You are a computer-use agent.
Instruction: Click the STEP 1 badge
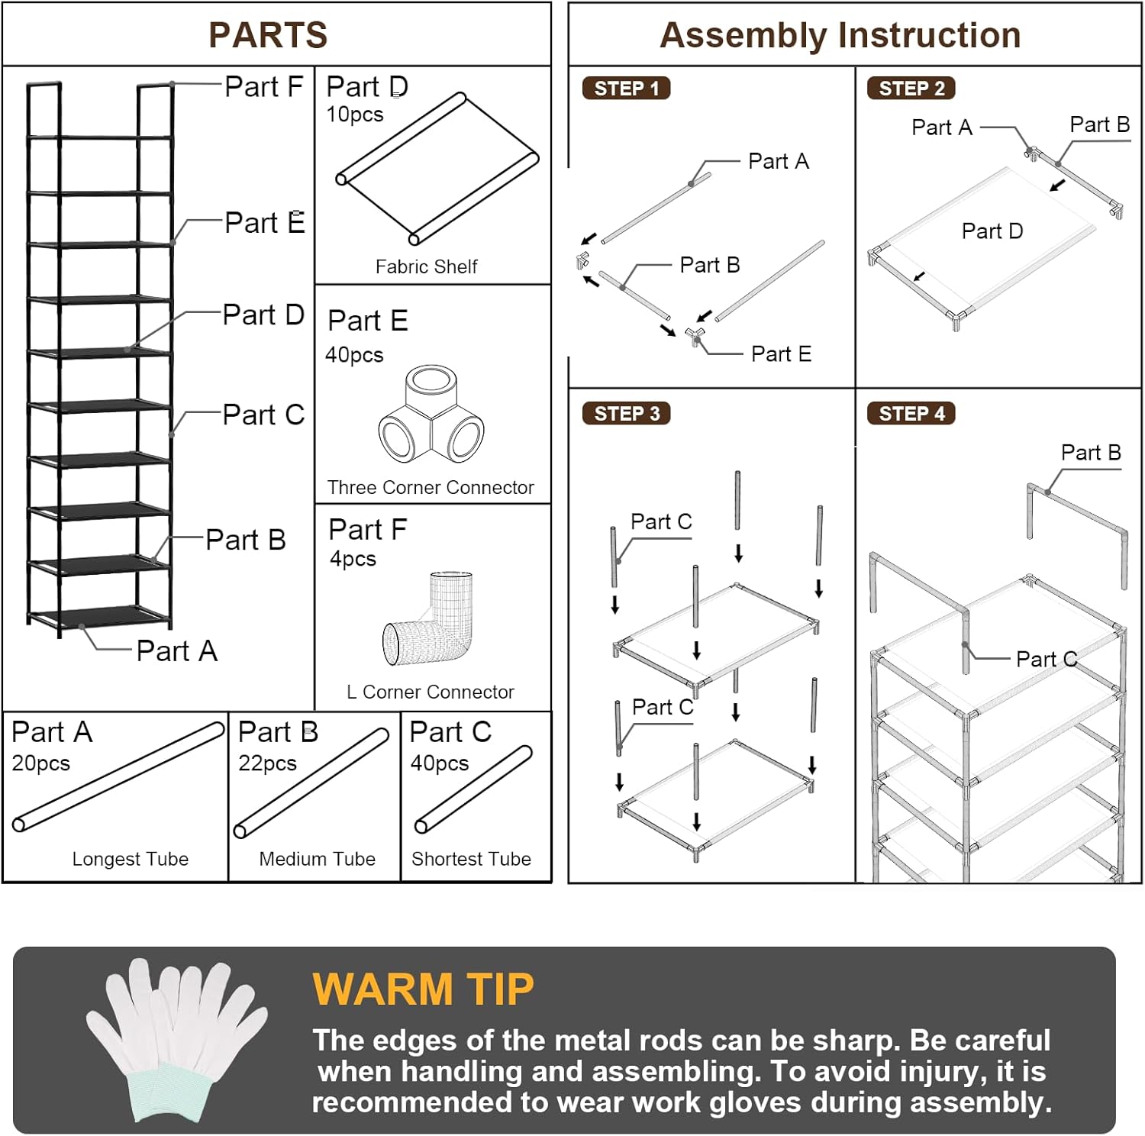click(626, 89)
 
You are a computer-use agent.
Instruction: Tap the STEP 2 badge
click(911, 89)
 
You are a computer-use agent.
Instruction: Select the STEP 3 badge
click(626, 414)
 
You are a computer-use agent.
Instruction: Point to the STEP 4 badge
click(911, 414)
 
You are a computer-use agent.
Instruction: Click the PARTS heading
click(268, 35)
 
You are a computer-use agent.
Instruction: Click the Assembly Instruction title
click(840, 35)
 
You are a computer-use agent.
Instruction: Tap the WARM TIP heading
click(423, 989)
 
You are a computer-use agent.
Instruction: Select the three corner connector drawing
click(431, 413)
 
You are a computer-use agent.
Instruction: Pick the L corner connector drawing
click(430, 618)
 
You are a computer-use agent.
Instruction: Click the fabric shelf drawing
click(437, 169)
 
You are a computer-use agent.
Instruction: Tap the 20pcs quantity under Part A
click(41, 763)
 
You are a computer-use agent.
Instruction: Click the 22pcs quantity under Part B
click(267, 763)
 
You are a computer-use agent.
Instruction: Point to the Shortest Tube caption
click(471, 859)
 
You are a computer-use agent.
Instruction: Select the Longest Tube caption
click(131, 859)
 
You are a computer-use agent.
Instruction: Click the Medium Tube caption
click(318, 859)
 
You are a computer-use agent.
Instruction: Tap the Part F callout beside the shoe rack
click(264, 86)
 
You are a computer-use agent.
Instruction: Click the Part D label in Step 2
click(992, 231)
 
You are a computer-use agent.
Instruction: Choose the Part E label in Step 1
click(781, 354)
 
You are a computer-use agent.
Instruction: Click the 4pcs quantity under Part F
click(353, 559)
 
